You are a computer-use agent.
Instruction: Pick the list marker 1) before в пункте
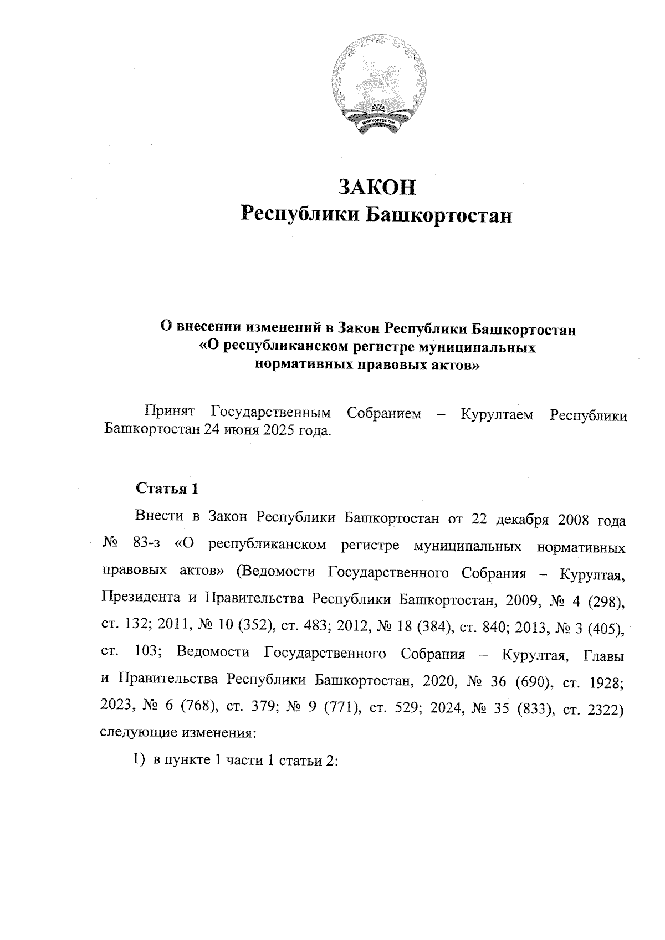point(139,761)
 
